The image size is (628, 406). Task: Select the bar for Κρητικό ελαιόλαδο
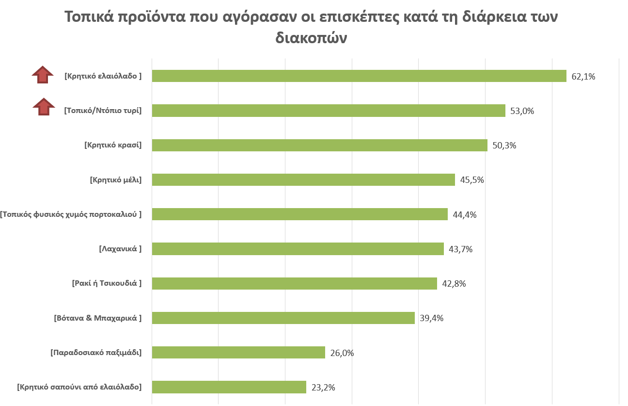click(x=359, y=76)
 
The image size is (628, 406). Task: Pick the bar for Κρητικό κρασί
click(x=320, y=145)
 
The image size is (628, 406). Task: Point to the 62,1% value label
click(x=583, y=76)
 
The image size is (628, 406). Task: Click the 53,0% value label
click(x=522, y=111)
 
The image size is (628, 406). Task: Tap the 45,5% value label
click(x=472, y=180)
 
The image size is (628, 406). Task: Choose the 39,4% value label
click(x=432, y=318)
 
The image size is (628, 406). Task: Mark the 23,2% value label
click(x=323, y=388)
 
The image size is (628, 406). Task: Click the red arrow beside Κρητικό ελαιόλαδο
click(x=43, y=75)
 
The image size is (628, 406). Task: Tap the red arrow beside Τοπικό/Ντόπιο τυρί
click(x=44, y=107)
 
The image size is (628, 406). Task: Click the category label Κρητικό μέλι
click(x=116, y=179)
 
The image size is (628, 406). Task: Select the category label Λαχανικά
click(x=120, y=249)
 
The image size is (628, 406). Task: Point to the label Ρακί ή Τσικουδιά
click(x=107, y=283)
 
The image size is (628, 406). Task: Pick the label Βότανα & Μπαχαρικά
click(x=97, y=318)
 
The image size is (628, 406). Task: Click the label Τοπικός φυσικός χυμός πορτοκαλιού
click(x=71, y=214)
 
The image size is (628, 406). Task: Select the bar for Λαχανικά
click(x=298, y=249)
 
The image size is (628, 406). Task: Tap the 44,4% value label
click(x=465, y=214)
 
